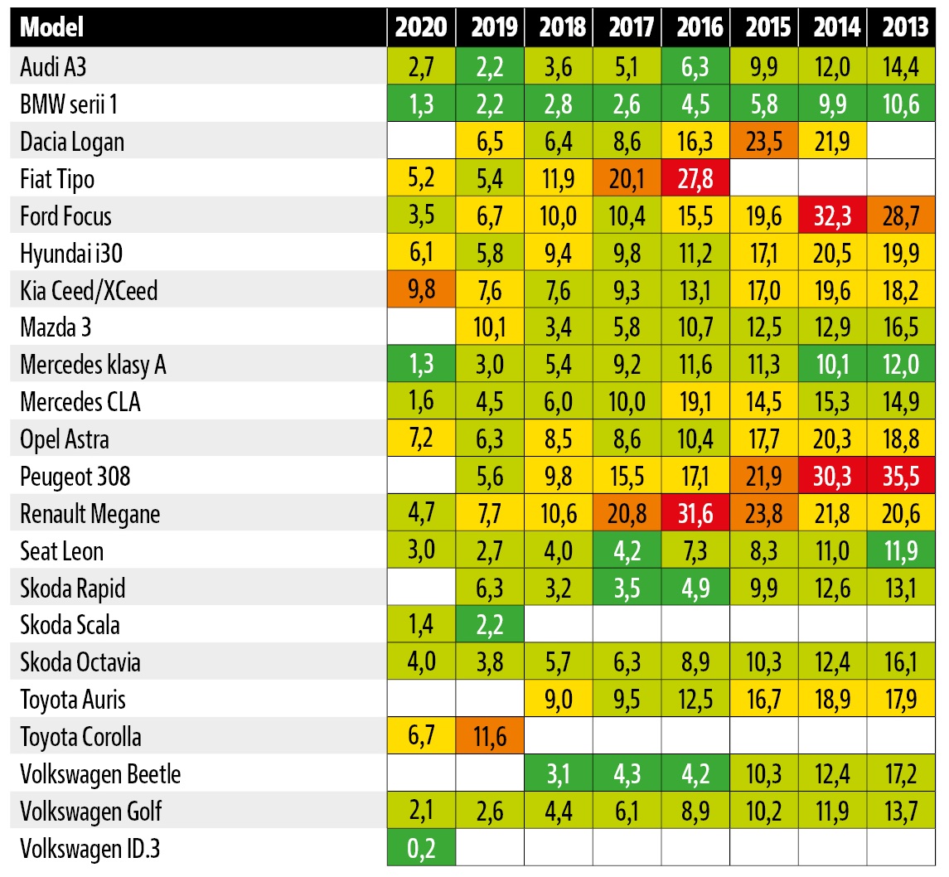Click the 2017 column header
pyautogui.click(x=627, y=28)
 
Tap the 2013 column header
pyautogui.click(x=901, y=28)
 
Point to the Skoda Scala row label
pyautogui.click(x=70, y=624)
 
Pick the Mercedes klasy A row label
pyautogui.click(x=93, y=365)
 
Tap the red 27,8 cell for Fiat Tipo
pyautogui.click(x=695, y=178)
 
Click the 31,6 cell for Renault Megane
pyautogui.click(x=695, y=513)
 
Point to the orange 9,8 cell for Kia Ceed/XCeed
pyautogui.click(x=421, y=290)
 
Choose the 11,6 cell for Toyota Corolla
pyautogui.click(x=490, y=736)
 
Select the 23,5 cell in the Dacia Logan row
pyautogui.click(x=764, y=141)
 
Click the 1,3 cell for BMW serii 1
pyautogui.click(x=421, y=104)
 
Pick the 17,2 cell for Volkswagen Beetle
pyautogui.click(x=901, y=773)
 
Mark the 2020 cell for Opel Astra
pyautogui.click(x=421, y=438)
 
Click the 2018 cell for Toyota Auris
pyautogui.click(x=558, y=699)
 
